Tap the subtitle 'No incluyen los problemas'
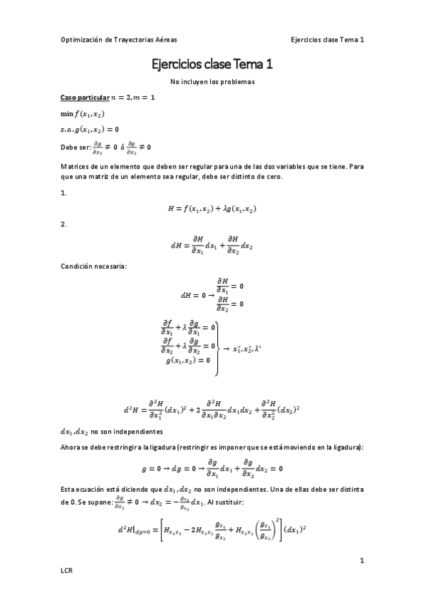[x=212, y=82]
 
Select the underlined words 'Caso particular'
[x=85, y=97]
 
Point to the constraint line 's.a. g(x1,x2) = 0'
[x=89, y=129]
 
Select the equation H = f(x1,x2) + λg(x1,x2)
[x=212, y=209]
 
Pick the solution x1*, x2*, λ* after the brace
[x=248, y=348]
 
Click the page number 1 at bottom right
[x=361, y=561]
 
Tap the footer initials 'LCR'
[x=67, y=570]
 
